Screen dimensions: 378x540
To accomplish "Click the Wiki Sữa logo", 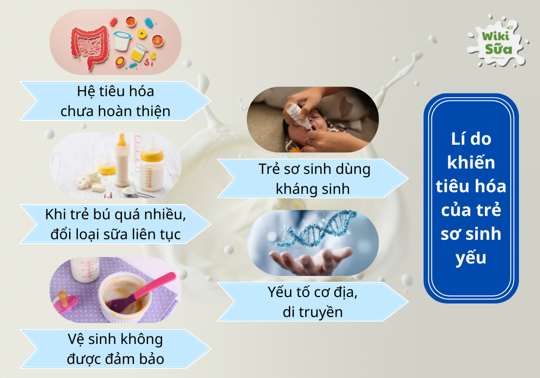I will point(495,43).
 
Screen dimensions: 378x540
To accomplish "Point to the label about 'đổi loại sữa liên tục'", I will point(116,224).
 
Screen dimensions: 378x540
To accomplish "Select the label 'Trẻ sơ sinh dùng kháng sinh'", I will point(313,179).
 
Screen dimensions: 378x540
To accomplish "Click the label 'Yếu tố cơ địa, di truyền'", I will point(313,302).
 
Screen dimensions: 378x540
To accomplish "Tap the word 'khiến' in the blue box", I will point(470,162).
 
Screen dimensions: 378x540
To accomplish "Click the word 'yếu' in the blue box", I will point(470,258).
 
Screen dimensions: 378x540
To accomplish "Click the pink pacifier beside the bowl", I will point(67,302).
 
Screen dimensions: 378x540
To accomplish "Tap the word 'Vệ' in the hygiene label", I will point(78,339).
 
